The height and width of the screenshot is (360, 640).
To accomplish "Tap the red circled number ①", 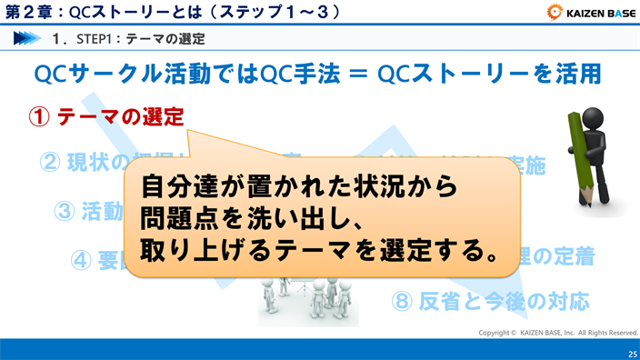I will click(x=40, y=118).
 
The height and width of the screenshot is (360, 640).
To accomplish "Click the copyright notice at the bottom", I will click(x=558, y=333).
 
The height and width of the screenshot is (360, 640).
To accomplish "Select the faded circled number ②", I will click(x=51, y=163).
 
